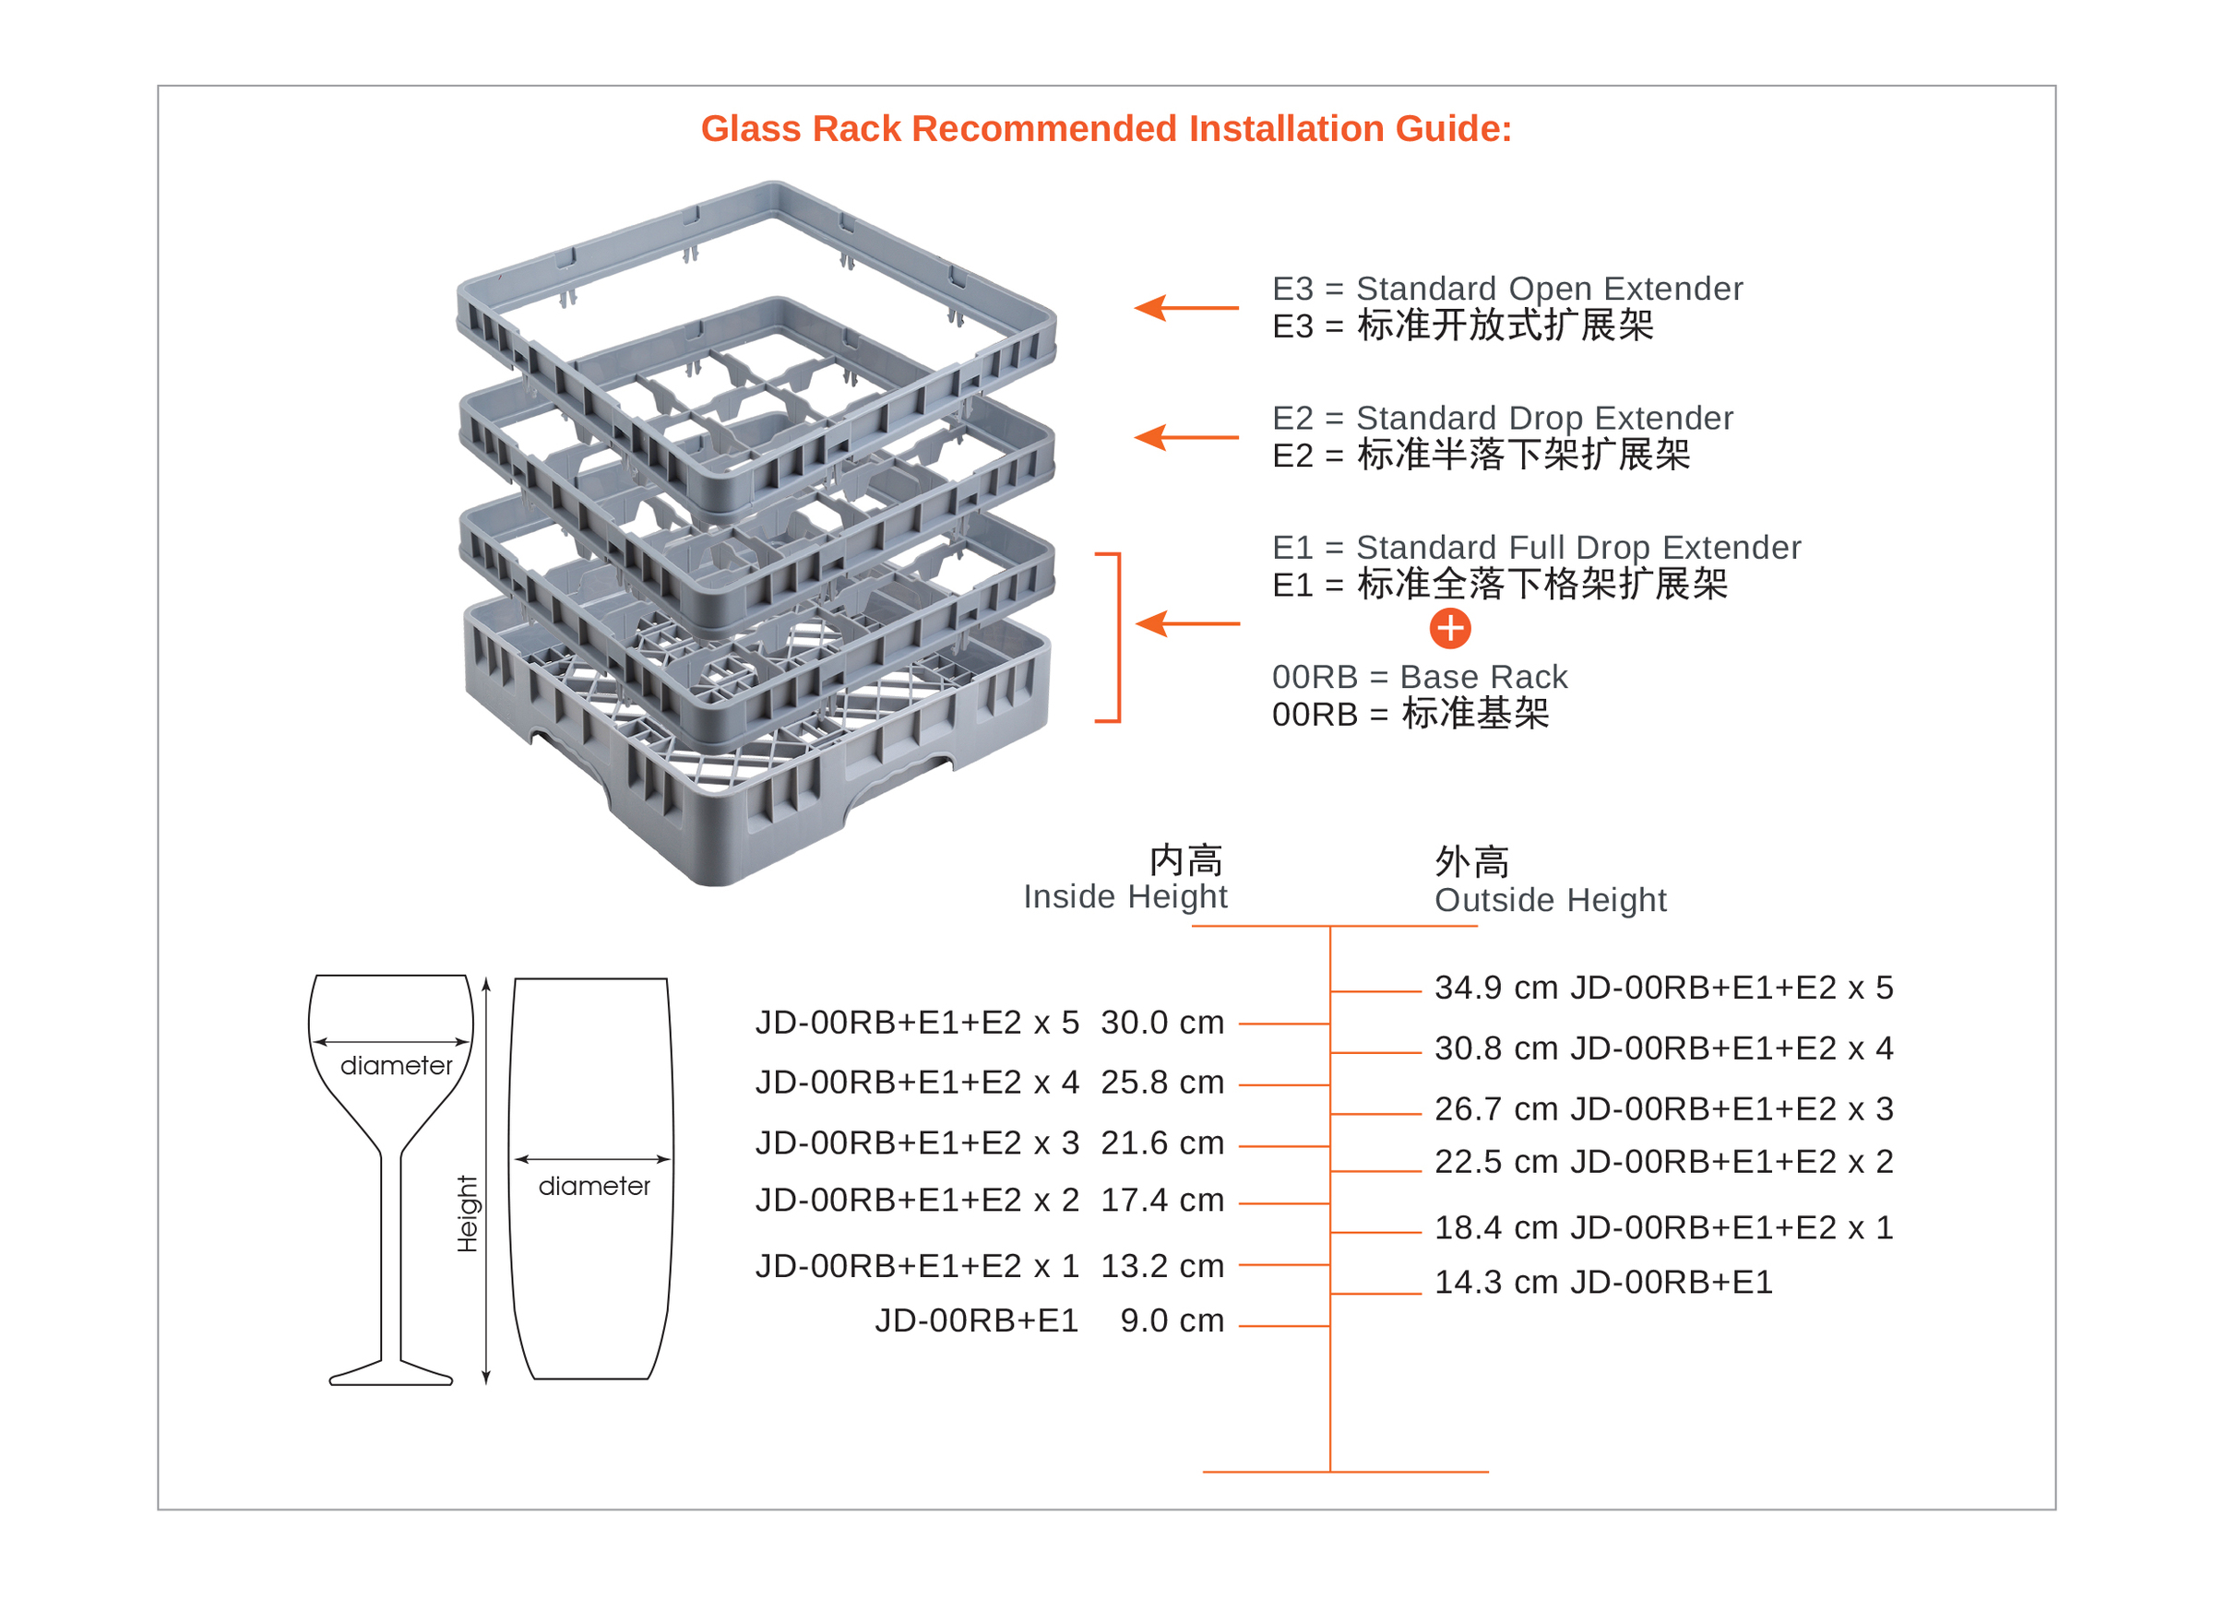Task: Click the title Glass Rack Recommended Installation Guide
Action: point(1106,129)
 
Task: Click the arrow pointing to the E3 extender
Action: point(1185,307)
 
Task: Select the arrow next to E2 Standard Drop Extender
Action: point(1185,437)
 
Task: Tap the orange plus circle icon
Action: point(1449,628)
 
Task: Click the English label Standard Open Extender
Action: point(1549,289)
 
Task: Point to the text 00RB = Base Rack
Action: point(1419,676)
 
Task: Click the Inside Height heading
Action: point(1125,896)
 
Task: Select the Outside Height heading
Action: point(1550,900)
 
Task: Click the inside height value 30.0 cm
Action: point(1161,1023)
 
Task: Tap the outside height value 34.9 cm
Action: point(1495,988)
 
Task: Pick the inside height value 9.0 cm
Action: point(1172,1320)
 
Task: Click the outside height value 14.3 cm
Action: point(1495,1282)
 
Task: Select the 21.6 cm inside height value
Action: point(1161,1142)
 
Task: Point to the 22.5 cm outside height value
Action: point(1495,1162)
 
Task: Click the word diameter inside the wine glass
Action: point(397,1066)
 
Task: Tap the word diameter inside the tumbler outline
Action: point(593,1187)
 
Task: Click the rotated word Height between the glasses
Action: point(468,1213)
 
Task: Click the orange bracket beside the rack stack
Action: point(1119,637)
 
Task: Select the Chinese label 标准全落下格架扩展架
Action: point(1542,585)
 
